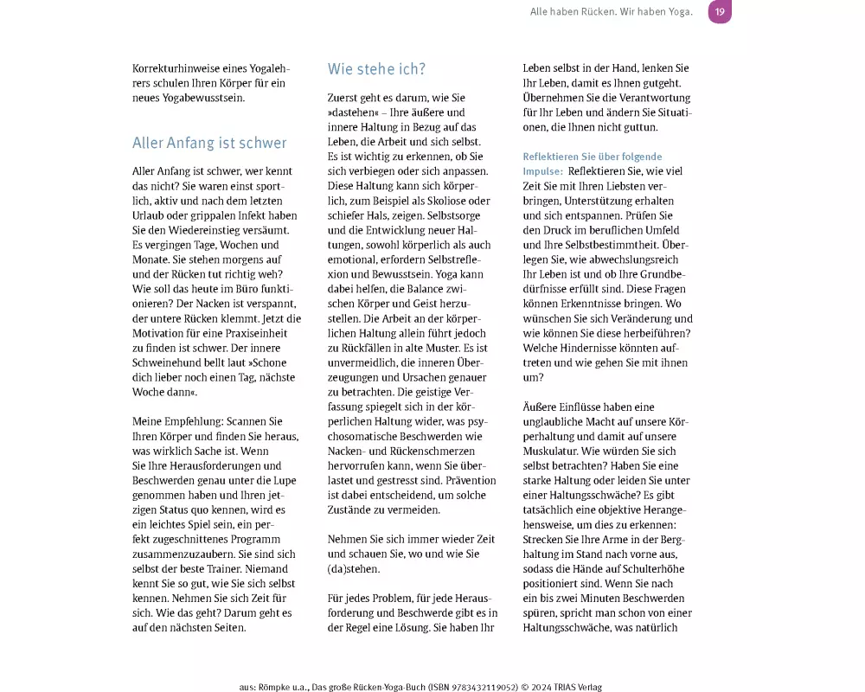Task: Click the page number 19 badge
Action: pyautogui.click(x=720, y=12)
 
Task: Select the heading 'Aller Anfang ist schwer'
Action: pyautogui.click(x=209, y=143)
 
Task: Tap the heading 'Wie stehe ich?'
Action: pyautogui.click(x=376, y=69)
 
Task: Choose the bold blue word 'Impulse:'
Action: pyautogui.click(x=542, y=171)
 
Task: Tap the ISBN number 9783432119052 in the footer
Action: pyautogui.click(x=478, y=687)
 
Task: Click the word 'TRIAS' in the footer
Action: pyautogui.click(x=565, y=687)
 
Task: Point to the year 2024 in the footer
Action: pyautogui.click(x=536, y=687)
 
